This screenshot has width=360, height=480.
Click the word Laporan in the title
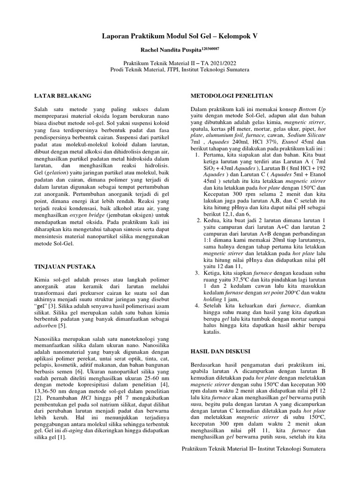coord(117,36)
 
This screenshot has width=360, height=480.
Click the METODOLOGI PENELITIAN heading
coord(232,95)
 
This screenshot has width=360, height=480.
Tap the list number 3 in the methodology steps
coord(196,273)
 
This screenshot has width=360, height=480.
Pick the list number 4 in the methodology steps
coord(196,306)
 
